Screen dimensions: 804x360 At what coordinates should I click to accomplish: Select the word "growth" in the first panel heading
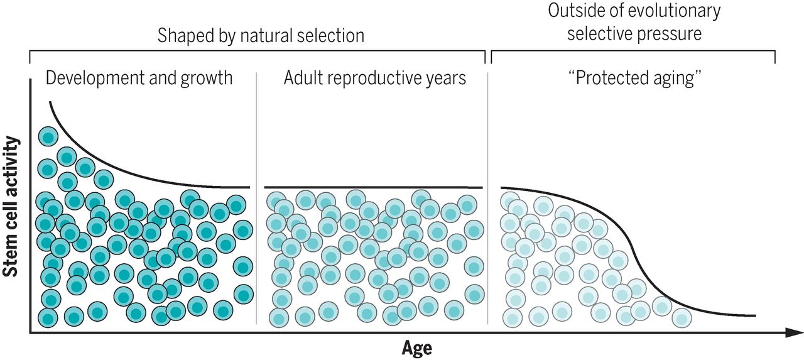(207, 79)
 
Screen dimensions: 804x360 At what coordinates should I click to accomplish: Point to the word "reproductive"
(378, 79)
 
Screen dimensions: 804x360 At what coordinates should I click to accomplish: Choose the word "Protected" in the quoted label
(612, 78)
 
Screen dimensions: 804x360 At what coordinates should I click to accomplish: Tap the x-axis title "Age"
(416, 348)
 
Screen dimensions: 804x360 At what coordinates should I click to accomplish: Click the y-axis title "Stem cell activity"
(10, 206)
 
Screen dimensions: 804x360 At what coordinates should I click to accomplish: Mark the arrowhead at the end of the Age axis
(795, 333)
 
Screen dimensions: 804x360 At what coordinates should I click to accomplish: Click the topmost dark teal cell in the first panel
(48, 137)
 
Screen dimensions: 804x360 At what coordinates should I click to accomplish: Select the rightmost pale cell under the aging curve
(682, 318)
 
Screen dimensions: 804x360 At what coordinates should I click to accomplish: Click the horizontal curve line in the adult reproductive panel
(373, 187)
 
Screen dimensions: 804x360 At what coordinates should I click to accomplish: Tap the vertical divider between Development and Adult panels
(256, 198)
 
